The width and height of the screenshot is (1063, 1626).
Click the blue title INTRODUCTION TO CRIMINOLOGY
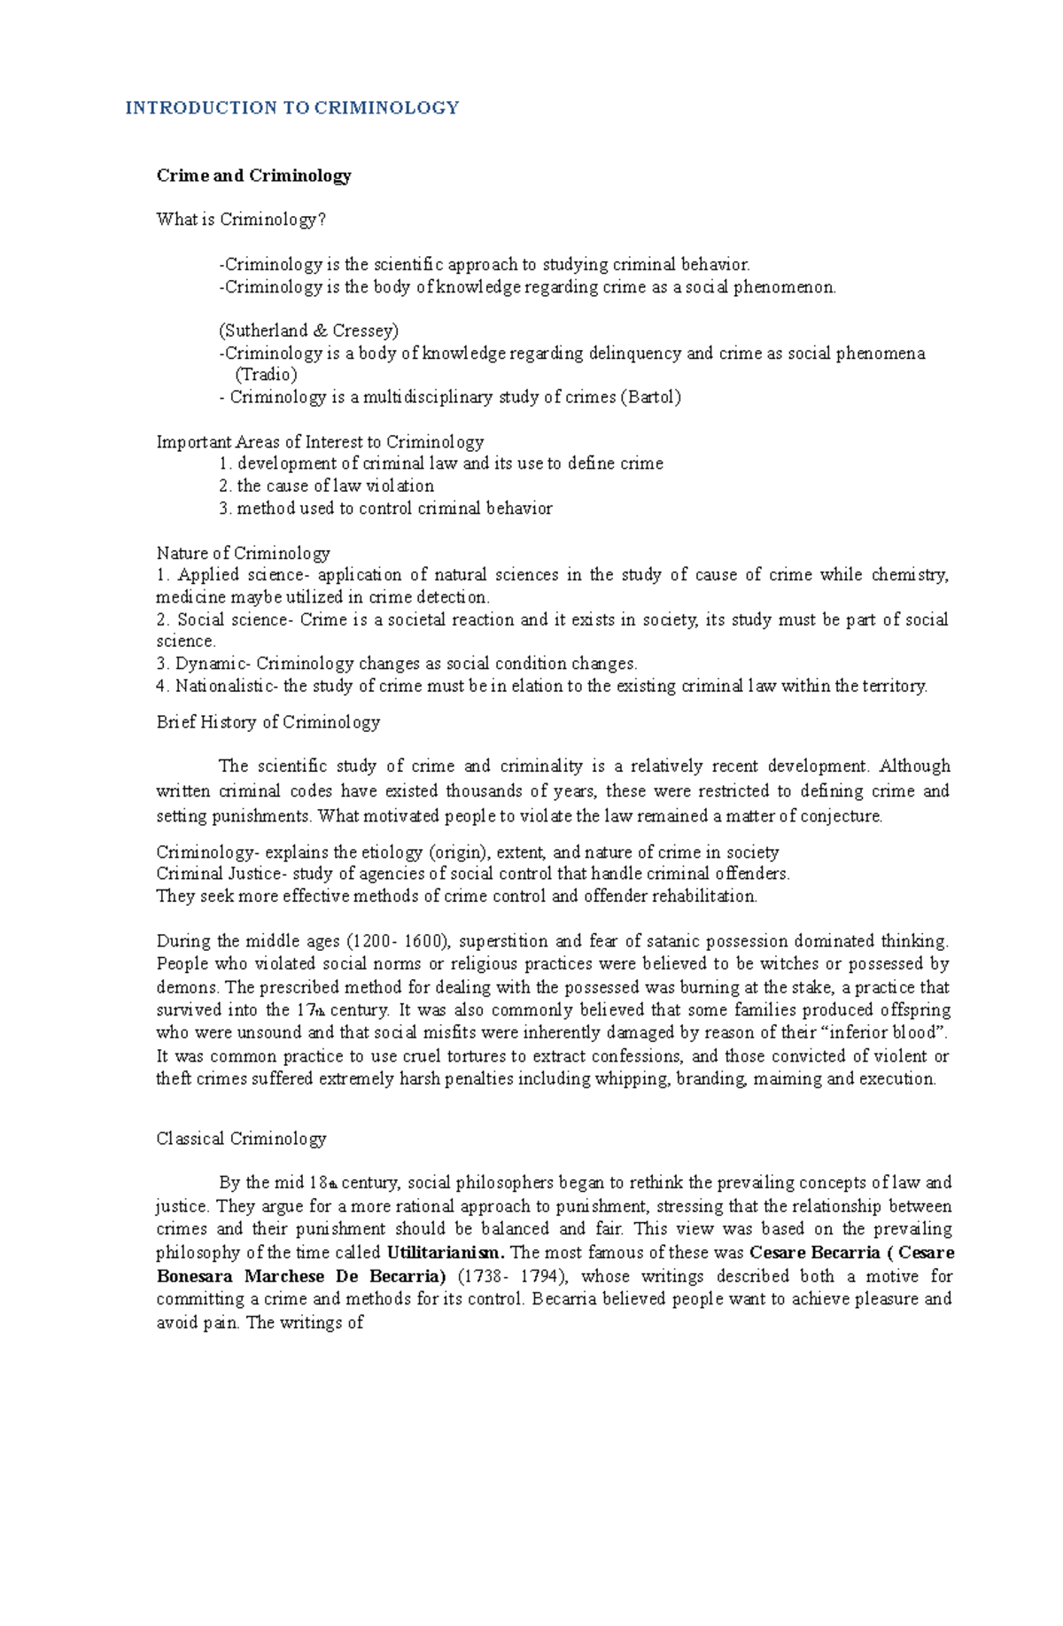pyautogui.click(x=291, y=108)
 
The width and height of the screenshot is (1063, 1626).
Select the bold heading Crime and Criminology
pyautogui.click(x=253, y=175)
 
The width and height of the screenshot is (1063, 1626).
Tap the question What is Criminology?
pyautogui.click(x=241, y=219)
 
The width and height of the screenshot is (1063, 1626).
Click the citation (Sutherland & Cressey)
pyautogui.click(x=308, y=331)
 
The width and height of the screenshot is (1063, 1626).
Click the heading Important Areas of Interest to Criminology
pyautogui.click(x=320, y=441)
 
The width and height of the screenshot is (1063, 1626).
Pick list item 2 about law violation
pyautogui.click(x=326, y=486)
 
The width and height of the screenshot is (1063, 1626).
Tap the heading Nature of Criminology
pyautogui.click(x=243, y=553)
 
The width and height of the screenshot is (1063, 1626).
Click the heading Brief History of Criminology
pyautogui.click(x=268, y=722)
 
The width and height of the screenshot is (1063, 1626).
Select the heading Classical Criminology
pyautogui.click(x=241, y=1139)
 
